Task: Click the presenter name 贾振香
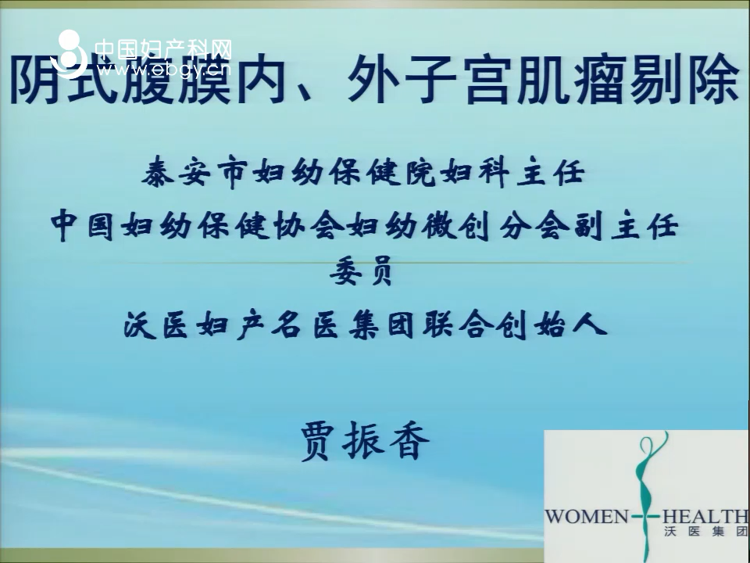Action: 365,441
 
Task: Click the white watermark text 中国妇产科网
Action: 163,48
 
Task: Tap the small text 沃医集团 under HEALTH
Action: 705,531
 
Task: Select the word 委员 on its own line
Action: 361,271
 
